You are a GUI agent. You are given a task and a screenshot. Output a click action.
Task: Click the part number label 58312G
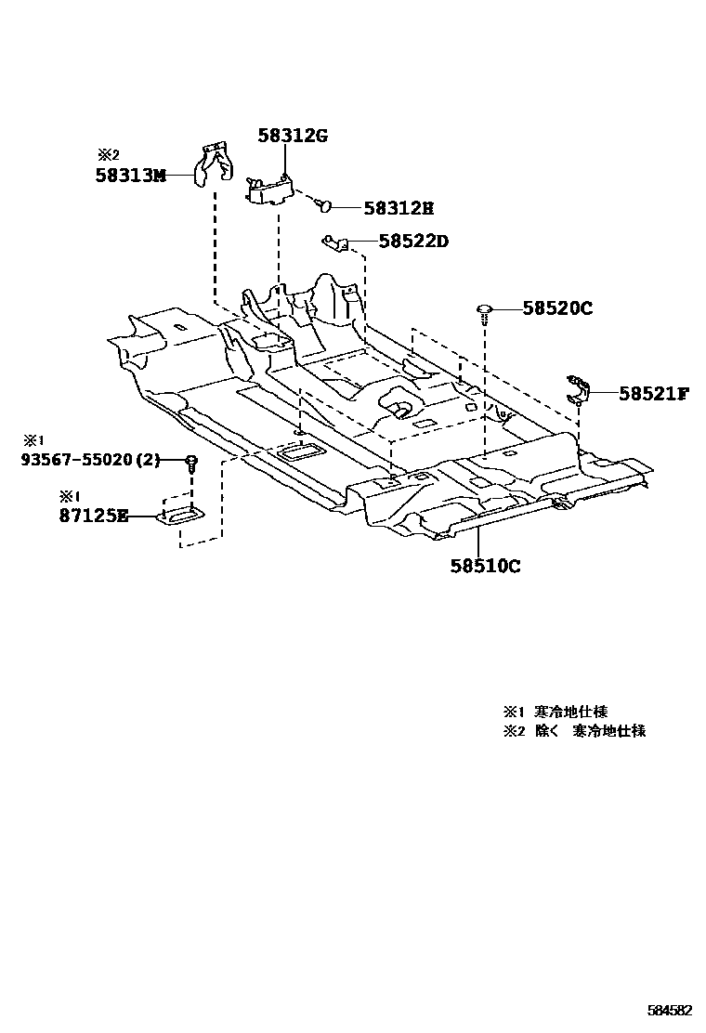tap(293, 137)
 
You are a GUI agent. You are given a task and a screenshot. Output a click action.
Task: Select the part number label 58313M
tap(130, 174)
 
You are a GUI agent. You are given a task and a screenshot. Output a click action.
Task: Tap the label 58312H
tap(399, 209)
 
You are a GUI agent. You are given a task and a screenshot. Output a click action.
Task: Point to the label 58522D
tap(413, 242)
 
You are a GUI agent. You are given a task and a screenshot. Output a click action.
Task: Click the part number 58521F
tap(653, 393)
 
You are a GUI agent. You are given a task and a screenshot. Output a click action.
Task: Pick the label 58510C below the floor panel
tap(485, 566)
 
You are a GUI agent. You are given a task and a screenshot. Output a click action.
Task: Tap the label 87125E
tap(94, 516)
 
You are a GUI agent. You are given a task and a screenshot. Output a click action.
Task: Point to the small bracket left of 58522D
tap(335, 242)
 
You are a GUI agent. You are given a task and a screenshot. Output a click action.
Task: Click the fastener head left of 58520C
tap(485, 309)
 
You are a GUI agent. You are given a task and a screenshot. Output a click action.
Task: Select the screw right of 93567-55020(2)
tap(191, 462)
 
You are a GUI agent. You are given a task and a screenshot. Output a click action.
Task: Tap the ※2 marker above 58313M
tap(109, 155)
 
